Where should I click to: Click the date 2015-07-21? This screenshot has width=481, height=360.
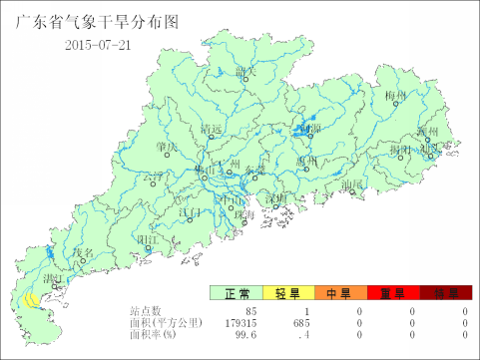(98, 44)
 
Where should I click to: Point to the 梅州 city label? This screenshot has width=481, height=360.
(396, 97)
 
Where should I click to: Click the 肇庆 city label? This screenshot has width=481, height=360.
(167, 147)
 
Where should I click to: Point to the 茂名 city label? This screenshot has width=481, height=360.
(83, 253)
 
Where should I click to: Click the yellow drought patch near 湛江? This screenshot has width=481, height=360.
(32, 298)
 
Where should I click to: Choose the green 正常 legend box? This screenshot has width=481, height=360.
(237, 293)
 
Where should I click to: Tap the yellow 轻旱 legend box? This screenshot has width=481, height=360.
(288, 293)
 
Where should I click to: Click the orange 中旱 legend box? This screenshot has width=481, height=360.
(340, 293)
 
